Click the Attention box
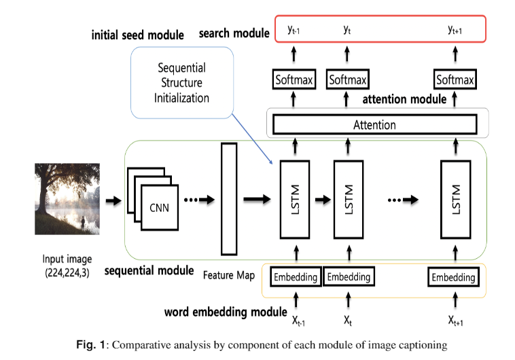pos(374,125)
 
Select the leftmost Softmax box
pos(294,80)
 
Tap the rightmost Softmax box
pos(455,80)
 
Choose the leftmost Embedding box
pos(295,277)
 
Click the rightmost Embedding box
pos(453,277)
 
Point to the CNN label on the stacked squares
pos(159,208)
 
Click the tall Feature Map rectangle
pos(227,200)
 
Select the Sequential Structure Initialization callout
pos(181,84)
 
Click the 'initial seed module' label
pos(138,35)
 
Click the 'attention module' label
pos(404,99)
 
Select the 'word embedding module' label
pos(225,313)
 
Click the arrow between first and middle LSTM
pos(322,200)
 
